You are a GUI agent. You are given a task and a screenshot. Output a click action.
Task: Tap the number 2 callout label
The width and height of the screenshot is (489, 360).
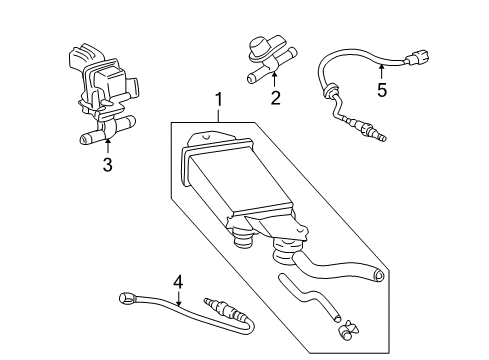pos(275,99)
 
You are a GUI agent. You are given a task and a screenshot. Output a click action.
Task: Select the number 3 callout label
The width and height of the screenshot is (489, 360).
pos(107,164)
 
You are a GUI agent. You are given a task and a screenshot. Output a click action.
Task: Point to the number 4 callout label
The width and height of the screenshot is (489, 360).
pos(177,283)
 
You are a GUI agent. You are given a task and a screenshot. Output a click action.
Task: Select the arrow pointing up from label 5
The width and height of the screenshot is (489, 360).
pos(380,70)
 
